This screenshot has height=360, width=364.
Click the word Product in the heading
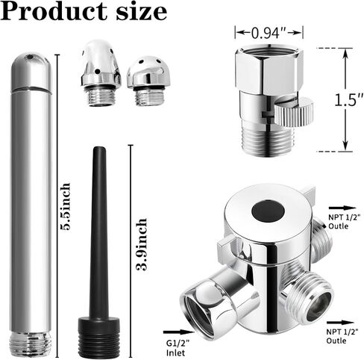[54, 11]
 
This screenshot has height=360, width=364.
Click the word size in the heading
[141, 12]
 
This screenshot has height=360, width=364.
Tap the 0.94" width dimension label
[269, 33]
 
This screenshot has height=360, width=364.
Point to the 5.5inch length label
[65, 207]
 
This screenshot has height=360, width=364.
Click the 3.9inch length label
[142, 244]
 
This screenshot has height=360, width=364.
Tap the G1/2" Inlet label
[178, 348]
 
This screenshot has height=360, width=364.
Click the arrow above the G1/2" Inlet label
[178, 332]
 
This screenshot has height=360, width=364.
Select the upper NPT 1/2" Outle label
[344, 221]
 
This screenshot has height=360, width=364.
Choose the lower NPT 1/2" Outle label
[342, 336]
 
